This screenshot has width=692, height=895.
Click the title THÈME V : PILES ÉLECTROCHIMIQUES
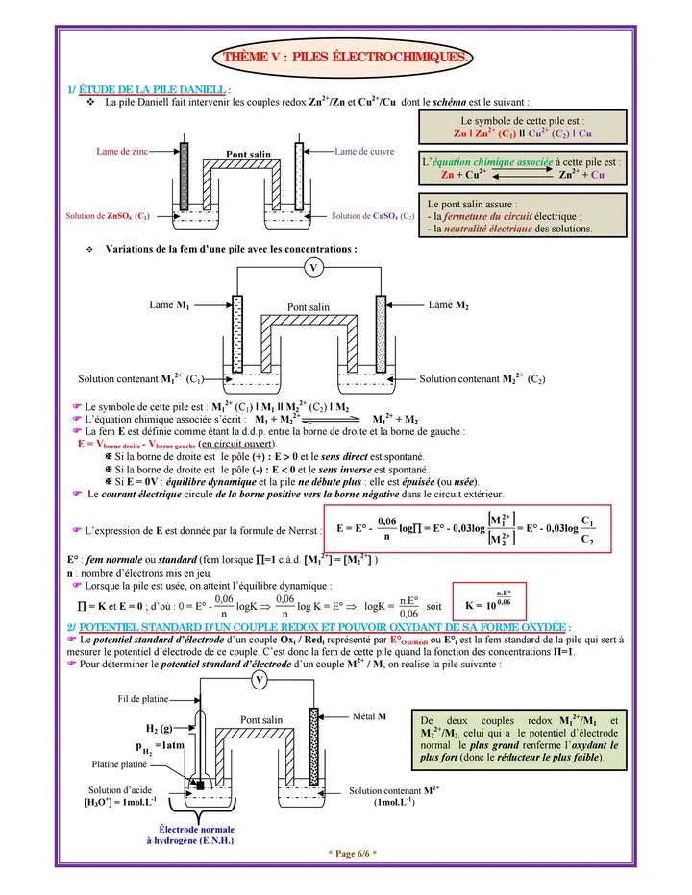pyautogui.click(x=346, y=57)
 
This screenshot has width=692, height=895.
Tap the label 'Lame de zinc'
pyautogui.click(x=122, y=152)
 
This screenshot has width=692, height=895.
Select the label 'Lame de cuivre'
pyautogui.click(x=364, y=152)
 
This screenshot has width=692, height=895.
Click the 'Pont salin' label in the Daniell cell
pyautogui.click(x=248, y=154)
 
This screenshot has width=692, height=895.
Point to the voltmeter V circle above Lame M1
pyautogui.click(x=313, y=268)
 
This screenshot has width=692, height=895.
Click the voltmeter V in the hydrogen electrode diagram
pyautogui.click(x=259, y=680)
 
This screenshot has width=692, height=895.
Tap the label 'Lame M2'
pyautogui.click(x=449, y=304)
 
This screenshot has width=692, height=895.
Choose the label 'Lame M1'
pyautogui.click(x=169, y=304)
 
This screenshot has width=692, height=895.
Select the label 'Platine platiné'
pyautogui.click(x=119, y=764)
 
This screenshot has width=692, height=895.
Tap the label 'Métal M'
pyautogui.click(x=369, y=716)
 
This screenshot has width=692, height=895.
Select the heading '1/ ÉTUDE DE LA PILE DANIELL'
pyautogui.click(x=149, y=89)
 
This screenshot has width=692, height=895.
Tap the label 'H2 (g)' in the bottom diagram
pyautogui.click(x=159, y=728)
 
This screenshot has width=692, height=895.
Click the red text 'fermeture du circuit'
pyautogui.click(x=495, y=217)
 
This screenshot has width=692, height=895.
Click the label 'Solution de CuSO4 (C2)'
pyautogui.click(x=373, y=216)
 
